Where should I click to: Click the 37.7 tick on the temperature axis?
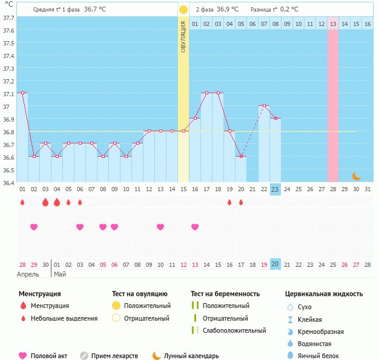click(8, 18)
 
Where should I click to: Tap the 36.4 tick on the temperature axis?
click(8, 183)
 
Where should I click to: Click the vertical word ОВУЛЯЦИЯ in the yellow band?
click(183, 36)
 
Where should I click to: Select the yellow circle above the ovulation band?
click(183, 10)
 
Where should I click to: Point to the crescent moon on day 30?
click(357, 176)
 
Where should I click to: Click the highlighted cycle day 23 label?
click(275, 189)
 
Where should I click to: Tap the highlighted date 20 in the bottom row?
click(275, 264)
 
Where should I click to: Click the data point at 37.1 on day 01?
click(22, 93)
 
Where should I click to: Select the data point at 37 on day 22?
click(264, 106)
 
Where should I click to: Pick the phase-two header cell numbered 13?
click(333, 24)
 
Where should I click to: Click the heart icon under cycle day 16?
click(195, 227)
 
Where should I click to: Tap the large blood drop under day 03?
click(45, 202)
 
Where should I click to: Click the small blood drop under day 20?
click(241, 202)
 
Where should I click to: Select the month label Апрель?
click(28, 274)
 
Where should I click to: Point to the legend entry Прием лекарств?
click(114, 356)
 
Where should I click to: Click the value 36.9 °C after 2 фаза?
click(227, 10)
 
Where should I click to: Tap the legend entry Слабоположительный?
click(234, 330)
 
